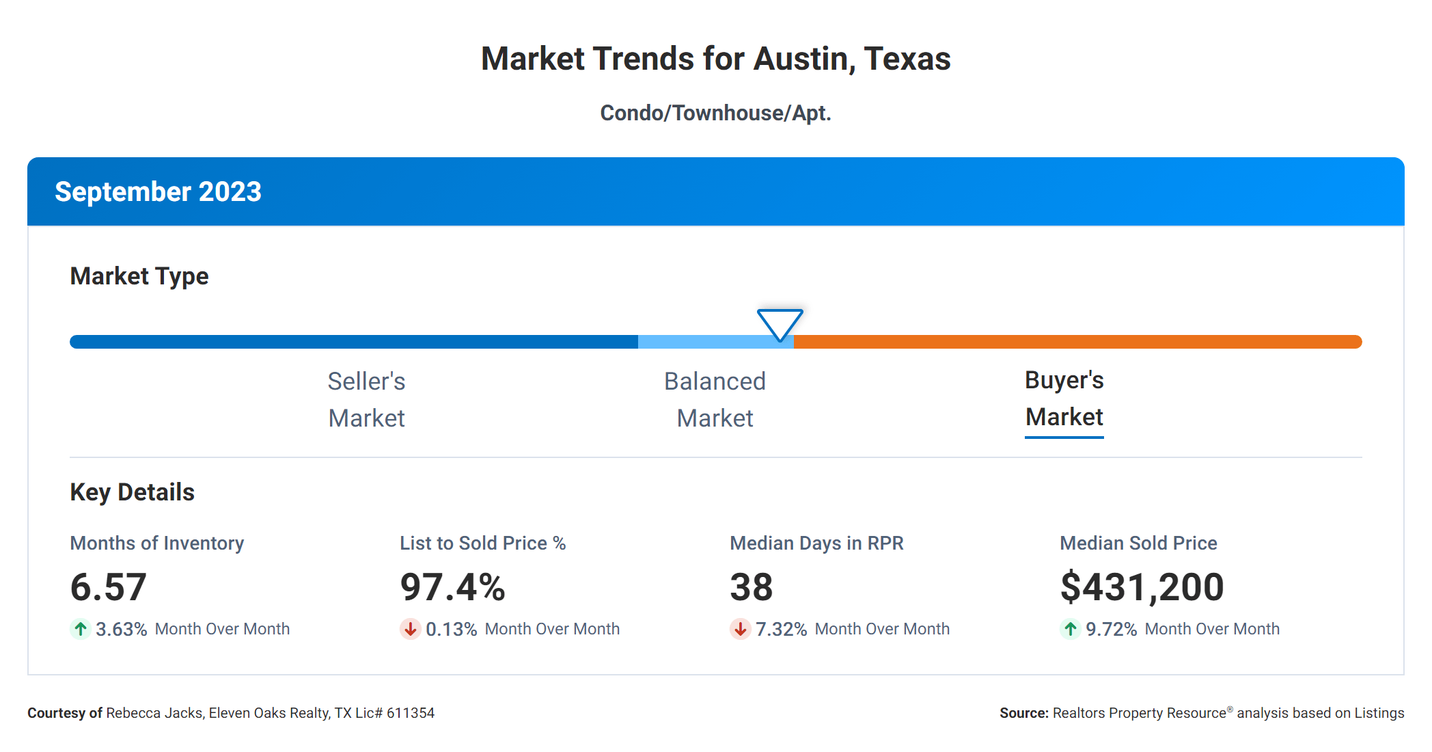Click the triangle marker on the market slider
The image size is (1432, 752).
(780, 323)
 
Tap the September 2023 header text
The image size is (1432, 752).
(158, 192)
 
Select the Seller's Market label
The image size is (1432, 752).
(366, 399)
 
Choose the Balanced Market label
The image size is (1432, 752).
(715, 399)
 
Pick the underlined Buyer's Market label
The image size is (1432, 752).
(1064, 399)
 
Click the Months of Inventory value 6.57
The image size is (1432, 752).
(108, 587)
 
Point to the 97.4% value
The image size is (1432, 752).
(452, 587)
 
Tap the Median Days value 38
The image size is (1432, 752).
(751, 587)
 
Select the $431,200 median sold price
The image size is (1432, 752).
(1142, 587)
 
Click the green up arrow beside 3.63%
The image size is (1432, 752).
(81, 629)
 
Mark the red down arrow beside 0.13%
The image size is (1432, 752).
(410, 629)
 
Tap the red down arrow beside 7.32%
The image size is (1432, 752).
(740, 629)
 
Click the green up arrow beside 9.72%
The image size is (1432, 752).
(1070, 629)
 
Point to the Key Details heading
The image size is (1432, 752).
(132, 492)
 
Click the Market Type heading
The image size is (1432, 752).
(139, 276)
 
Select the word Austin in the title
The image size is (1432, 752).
(804, 59)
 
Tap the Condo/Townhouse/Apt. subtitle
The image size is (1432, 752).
(715, 113)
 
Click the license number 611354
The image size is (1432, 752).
(410, 713)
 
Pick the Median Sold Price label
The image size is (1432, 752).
(1138, 543)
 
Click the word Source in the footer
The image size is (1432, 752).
(1023, 713)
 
